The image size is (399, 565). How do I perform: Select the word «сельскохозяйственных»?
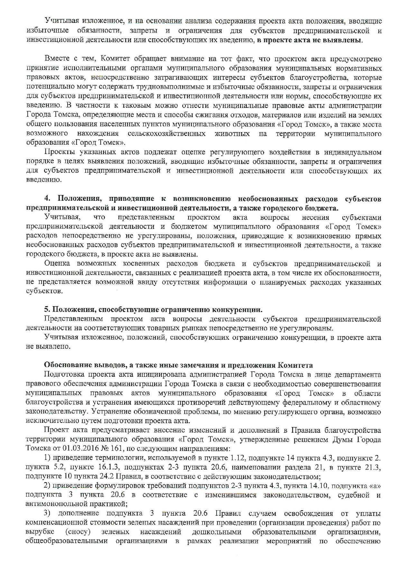pos(167,133)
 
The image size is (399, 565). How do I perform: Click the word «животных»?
pos(232,133)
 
